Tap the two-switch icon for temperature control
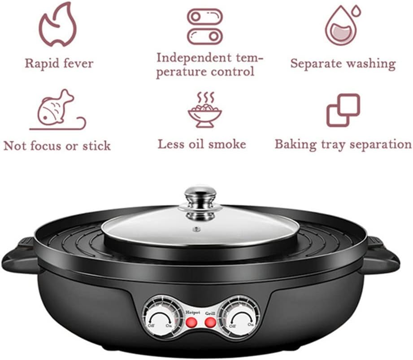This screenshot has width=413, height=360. tap(204, 27)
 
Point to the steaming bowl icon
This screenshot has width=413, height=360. tap(204, 110)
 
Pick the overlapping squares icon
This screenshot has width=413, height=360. tap(343, 110)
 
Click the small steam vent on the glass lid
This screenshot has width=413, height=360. tap(196, 229)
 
